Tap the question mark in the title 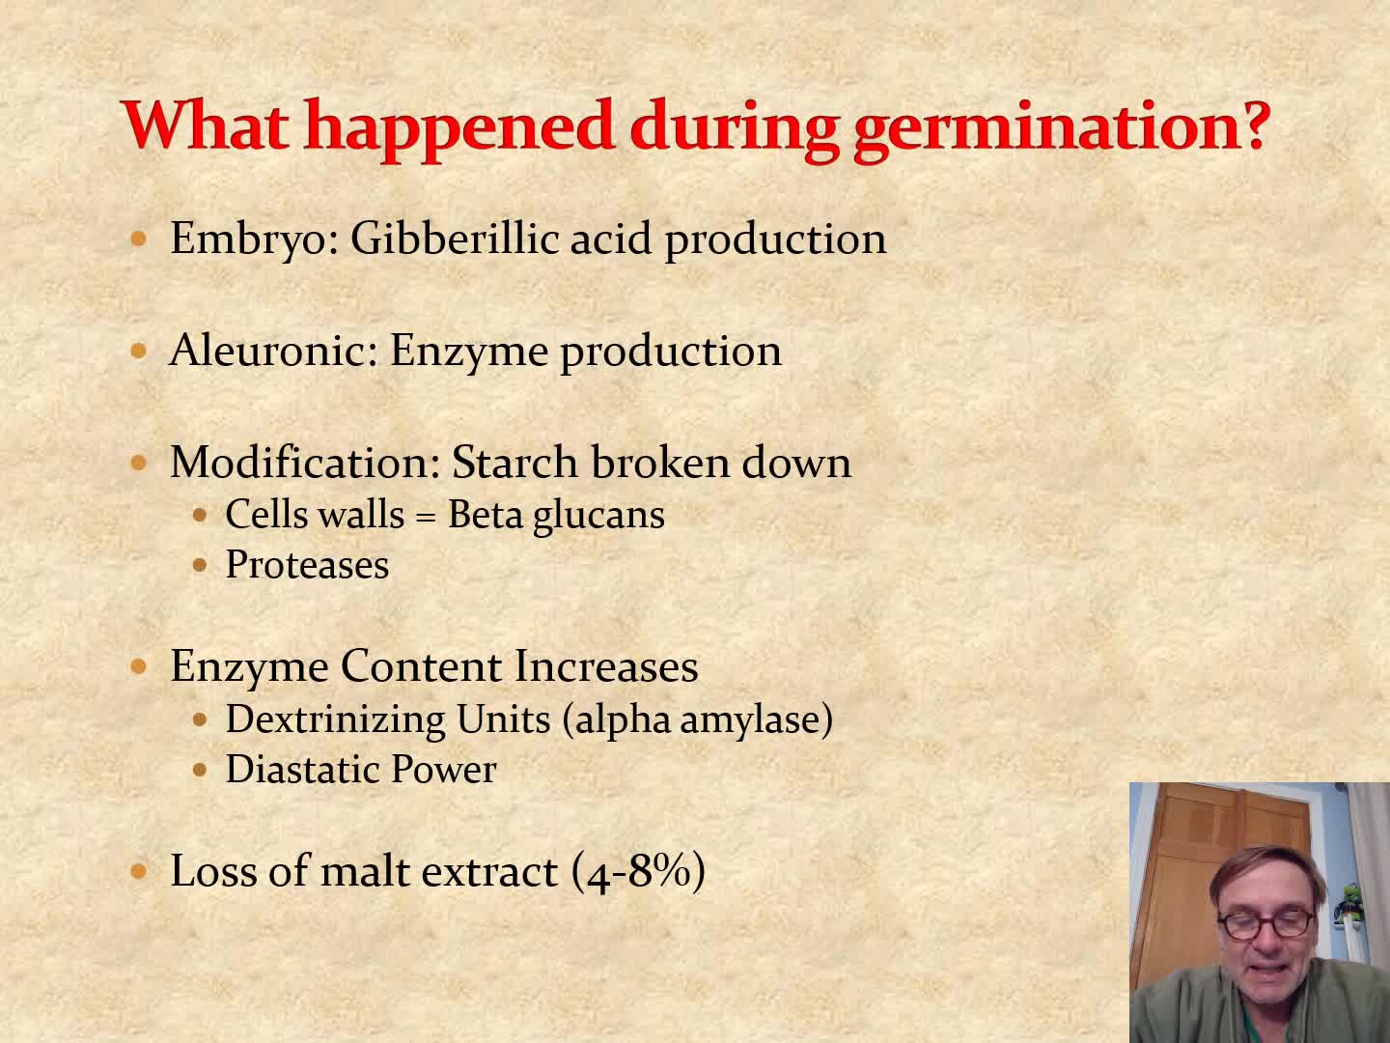(x=1253, y=124)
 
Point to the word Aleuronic (x=273, y=350)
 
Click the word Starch (x=514, y=462)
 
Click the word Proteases (x=307, y=564)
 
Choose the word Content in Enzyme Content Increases (x=421, y=666)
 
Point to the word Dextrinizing (x=335, y=720)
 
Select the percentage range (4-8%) (x=638, y=872)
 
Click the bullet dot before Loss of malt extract (x=139, y=872)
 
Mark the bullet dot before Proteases (x=200, y=564)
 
